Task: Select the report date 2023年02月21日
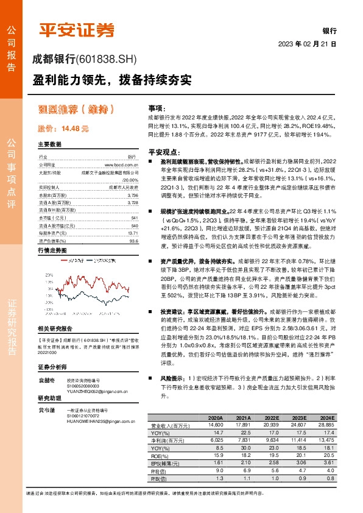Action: click(x=308, y=44)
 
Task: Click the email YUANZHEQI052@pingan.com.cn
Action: click(x=101, y=392)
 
